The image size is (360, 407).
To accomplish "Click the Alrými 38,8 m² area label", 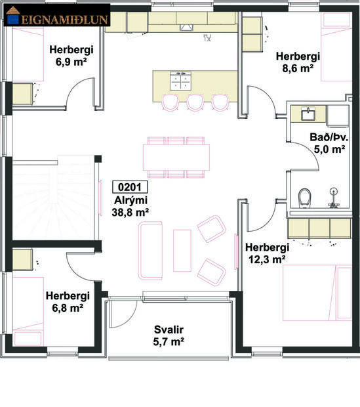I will [129, 205].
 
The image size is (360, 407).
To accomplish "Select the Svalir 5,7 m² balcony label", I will [168, 336].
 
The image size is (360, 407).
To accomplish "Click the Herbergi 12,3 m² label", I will [266, 253].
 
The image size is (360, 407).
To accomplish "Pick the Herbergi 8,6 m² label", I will [298, 61].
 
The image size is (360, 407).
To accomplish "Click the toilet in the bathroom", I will [304, 197].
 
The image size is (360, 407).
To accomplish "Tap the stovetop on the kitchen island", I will [180, 81].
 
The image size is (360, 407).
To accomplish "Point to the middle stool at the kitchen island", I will [194, 102].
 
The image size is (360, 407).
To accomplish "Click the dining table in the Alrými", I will [176, 157].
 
